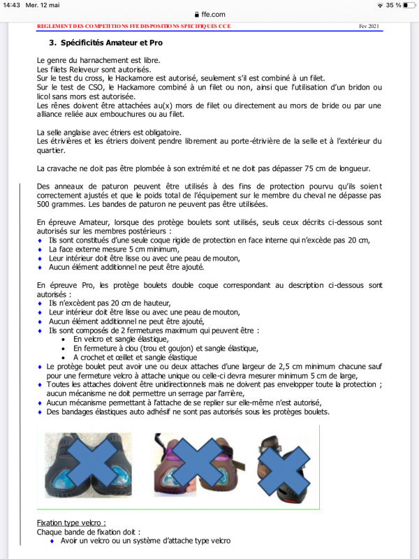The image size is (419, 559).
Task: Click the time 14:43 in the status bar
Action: click(10, 5)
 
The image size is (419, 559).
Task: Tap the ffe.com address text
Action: click(213, 14)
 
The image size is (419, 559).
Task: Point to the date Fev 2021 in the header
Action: click(368, 27)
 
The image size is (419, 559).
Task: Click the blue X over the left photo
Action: click(87, 464)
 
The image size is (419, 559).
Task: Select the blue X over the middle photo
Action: click(198, 464)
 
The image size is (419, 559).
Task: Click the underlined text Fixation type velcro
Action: click(71, 523)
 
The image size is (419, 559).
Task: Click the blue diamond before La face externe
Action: click(41, 249)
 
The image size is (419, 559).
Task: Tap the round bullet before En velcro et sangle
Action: click(65, 339)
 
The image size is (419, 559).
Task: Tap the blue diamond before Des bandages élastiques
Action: click(41, 412)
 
